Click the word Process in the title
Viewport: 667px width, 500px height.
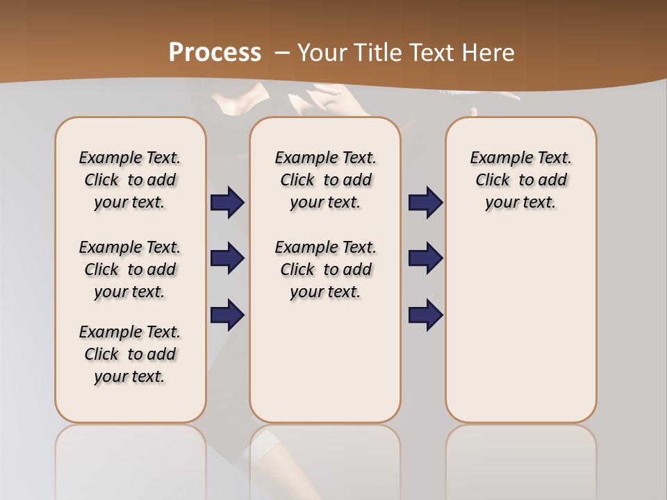tap(215, 52)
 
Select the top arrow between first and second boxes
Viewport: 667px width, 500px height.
tap(227, 202)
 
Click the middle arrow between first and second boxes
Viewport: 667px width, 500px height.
tap(227, 258)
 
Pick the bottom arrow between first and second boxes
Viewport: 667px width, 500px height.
tap(227, 315)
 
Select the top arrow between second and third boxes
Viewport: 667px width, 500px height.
tap(425, 202)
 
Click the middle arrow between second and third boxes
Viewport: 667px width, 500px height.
tap(425, 258)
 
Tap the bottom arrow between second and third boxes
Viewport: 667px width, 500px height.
tap(425, 315)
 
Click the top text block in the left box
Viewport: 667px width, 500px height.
tap(130, 180)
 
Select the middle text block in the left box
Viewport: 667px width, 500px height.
tap(130, 269)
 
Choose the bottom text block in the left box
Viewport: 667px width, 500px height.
tap(130, 354)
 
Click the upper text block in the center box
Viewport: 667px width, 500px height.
tap(325, 180)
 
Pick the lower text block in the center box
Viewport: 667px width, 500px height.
tap(325, 269)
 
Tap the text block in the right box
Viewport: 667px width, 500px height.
tap(521, 180)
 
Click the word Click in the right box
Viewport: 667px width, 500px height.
tap(493, 181)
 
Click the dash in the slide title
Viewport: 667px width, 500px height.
tap(282, 52)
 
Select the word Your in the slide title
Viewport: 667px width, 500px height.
tap(322, 52)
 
